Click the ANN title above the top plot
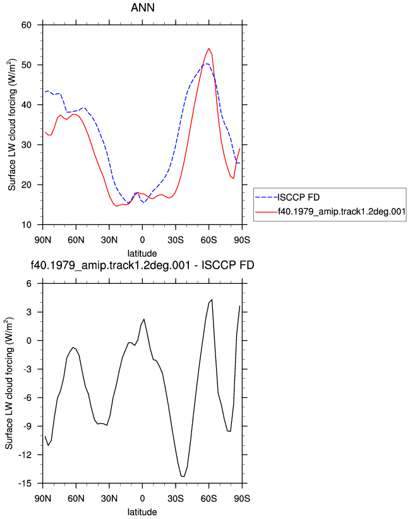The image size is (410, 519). [x=143, y=8]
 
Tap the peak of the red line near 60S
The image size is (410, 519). [x=209, y=48]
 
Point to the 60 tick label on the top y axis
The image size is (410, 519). [x=27, y=25]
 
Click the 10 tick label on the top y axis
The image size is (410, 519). [x=27, y=225]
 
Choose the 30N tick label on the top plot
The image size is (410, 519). [x=109, y=240]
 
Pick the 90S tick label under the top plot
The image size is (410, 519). [x=242, y=240]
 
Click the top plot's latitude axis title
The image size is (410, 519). [x=142, y=253]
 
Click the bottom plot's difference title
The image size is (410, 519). [x=143, y=265]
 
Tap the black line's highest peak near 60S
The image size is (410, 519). [x=212, y=300]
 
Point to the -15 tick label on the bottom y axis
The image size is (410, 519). [x=25, y=483]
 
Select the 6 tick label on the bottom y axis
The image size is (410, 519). [x=29, y=284]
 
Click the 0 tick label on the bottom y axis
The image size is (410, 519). [x=29, y=341]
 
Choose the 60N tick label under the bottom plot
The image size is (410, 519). [x=76, y=498]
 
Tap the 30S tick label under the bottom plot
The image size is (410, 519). [x=176, y=498]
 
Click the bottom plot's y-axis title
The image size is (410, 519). [x=9, y=383]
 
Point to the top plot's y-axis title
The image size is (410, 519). [x=11, y=125]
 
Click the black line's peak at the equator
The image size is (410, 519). [x=144, y=319]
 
